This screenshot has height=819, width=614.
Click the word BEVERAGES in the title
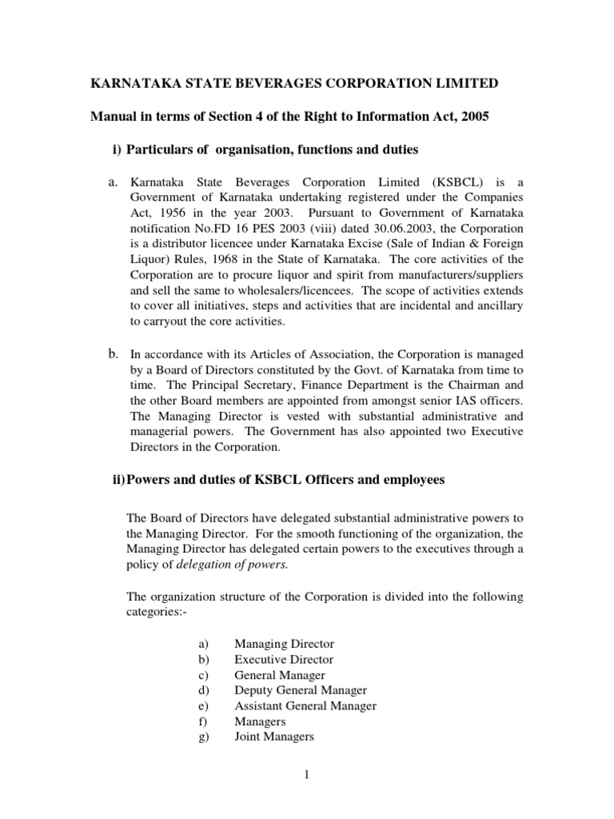click(x=249, y=83)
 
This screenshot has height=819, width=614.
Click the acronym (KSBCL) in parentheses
click(x=457, y=183)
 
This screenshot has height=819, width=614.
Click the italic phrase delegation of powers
click(x=220, y=564)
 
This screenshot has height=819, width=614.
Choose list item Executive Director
click(x=283, y=660)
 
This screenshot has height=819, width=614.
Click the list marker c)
click(x=202, y=675)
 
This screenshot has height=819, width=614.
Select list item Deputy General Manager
click(x=300, y=690)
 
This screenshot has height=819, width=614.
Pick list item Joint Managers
click(x=273, y=737)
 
